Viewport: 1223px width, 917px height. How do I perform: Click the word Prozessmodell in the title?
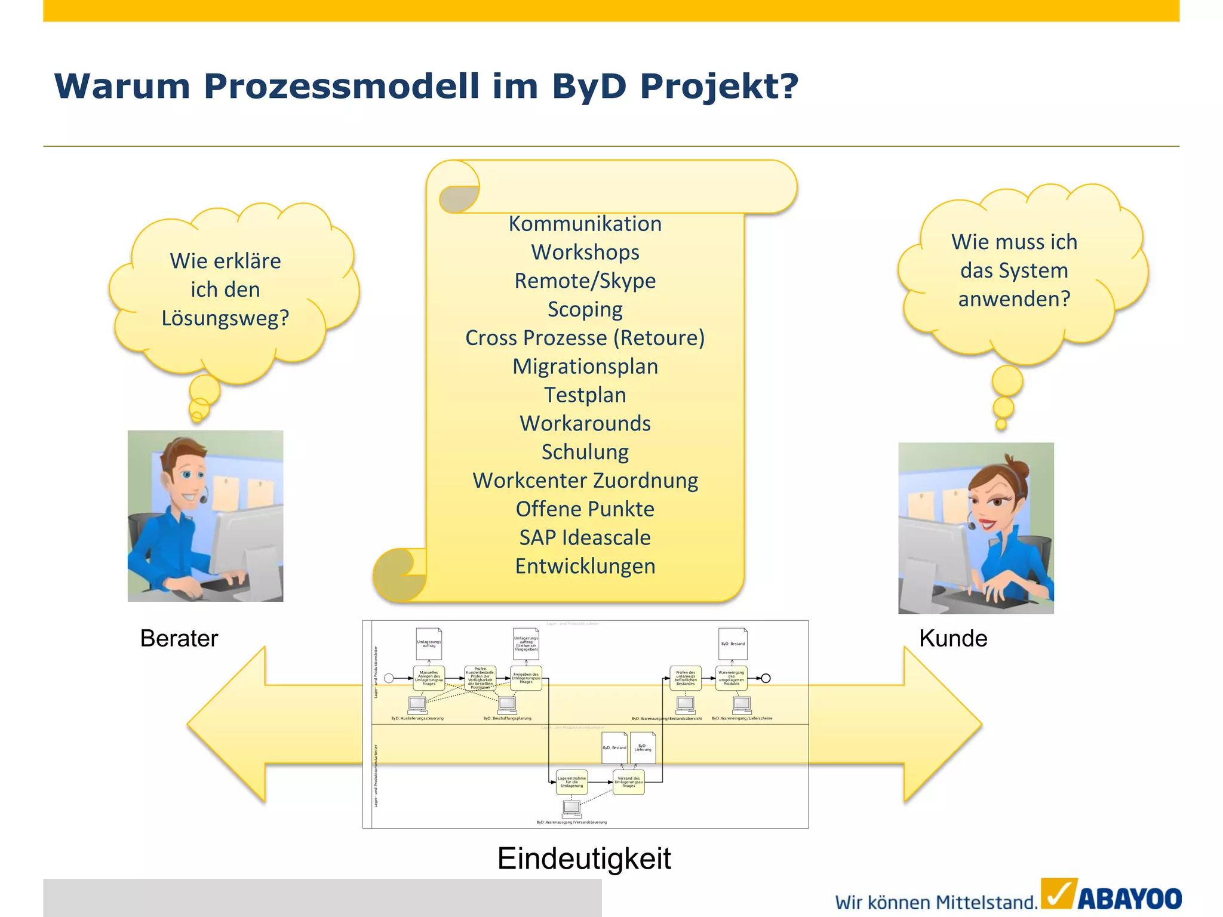coord(341,87)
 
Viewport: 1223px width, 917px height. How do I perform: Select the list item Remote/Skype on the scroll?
coord(585,281)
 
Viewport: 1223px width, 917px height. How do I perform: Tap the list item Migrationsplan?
coord(585,367)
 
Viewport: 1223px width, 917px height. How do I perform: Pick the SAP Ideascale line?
coord(585,538)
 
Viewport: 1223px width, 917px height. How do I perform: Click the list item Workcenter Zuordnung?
coord(585,481)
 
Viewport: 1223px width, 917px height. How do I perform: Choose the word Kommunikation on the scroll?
coord(585,224)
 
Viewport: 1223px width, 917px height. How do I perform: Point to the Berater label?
coord(179,638)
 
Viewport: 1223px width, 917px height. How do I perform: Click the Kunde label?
coord(953,638)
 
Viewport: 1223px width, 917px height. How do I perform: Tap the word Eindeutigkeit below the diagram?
coord(584,858)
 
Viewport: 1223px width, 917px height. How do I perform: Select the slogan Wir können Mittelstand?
coord(936,902)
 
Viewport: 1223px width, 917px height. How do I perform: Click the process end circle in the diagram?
coord(766,678)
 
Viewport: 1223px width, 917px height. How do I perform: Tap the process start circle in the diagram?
coord(389,678)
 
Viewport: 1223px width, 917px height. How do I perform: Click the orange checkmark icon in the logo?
coord(1059,894)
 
